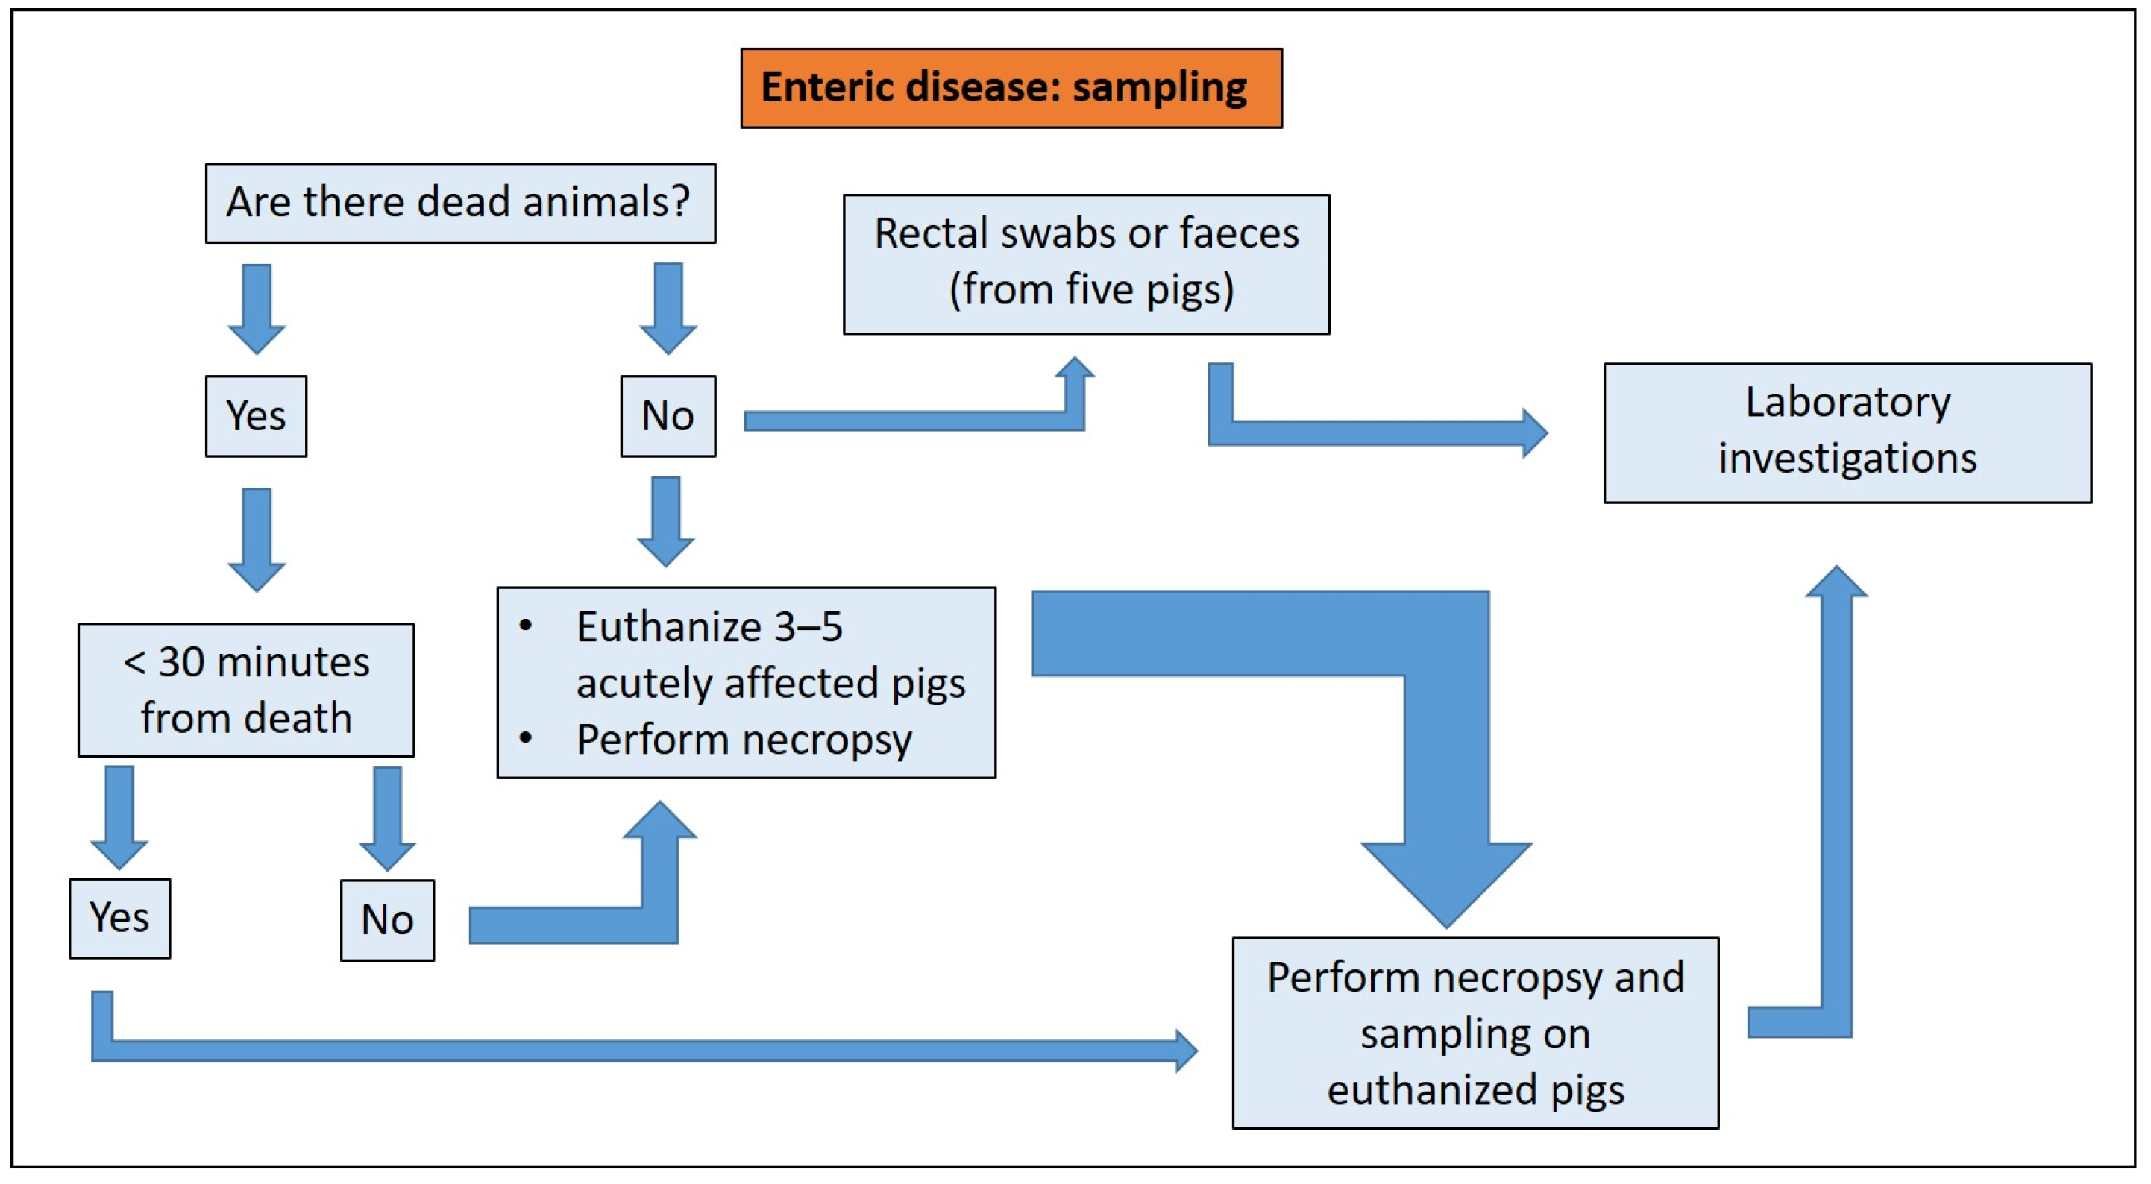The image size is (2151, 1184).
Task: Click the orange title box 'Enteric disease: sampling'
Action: pos(1011,88)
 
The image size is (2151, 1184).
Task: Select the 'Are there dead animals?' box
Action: pos(460,203)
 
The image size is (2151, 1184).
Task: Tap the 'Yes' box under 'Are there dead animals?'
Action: pos(256,416)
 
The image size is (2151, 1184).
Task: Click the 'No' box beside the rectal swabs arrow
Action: pos(668,416)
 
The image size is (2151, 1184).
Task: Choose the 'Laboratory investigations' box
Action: pos(1847,432)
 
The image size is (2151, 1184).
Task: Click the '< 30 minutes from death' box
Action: pos(245,690)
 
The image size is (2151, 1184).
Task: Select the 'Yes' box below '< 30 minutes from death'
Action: pos(119,918)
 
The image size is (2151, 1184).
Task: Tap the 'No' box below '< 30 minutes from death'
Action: pos(386,919)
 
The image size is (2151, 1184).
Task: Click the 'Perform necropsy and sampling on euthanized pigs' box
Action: pos(1475,1032)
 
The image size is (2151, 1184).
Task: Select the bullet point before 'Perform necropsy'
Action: pos(525,738)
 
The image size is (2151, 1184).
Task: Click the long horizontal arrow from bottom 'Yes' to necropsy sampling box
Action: pos(635,1051)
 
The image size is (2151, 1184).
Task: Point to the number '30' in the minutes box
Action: pos(182,662)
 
